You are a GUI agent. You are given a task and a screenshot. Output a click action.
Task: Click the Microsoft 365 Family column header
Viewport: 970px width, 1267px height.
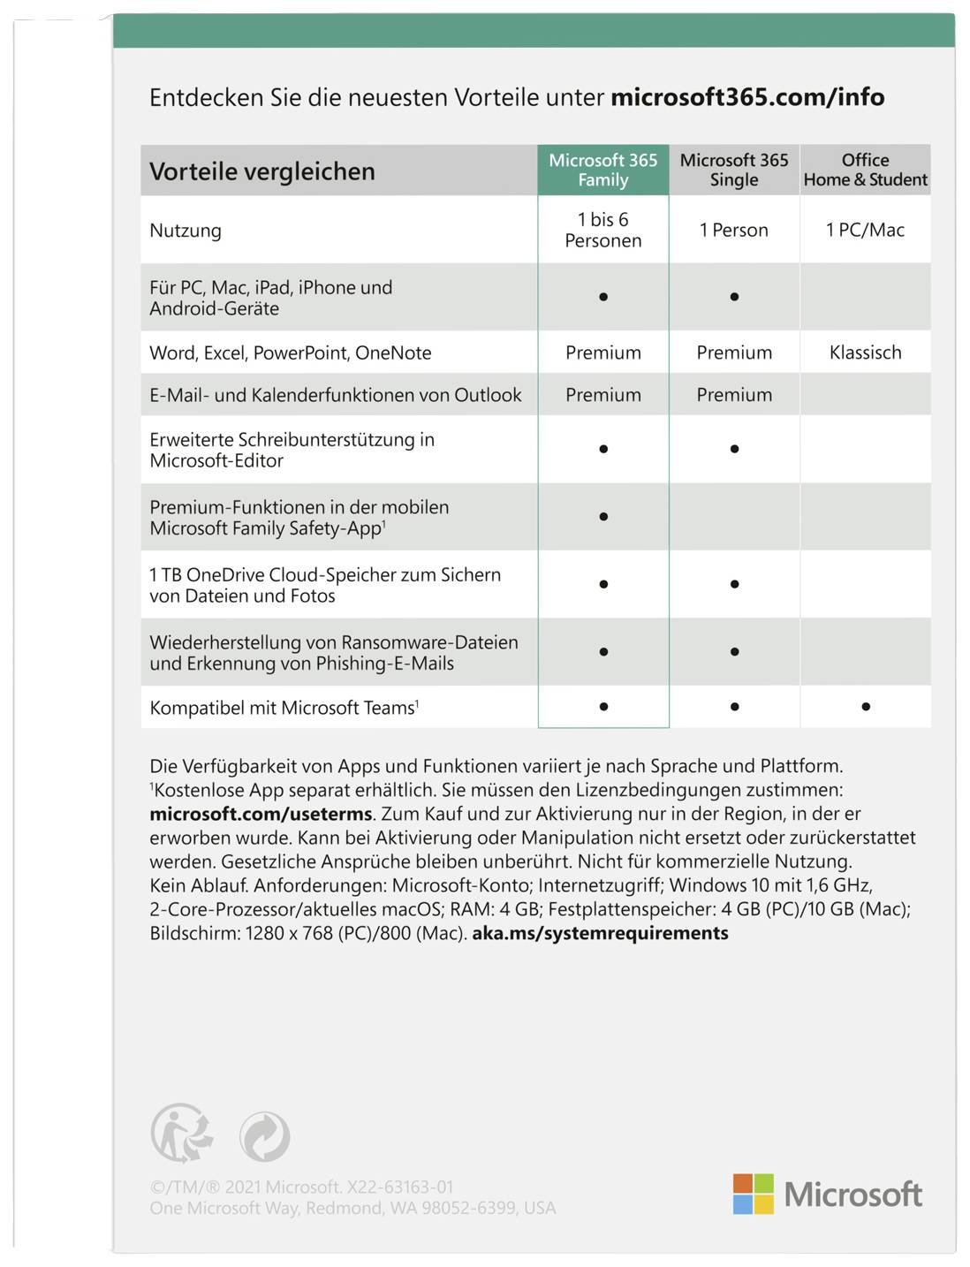coord(603,170)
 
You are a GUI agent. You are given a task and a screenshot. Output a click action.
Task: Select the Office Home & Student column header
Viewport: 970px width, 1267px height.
coord(865,170)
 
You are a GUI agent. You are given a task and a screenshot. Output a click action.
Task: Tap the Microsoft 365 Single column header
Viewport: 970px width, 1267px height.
coord(734,170)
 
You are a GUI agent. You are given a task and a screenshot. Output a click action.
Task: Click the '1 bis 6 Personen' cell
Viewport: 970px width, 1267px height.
coord(603,230)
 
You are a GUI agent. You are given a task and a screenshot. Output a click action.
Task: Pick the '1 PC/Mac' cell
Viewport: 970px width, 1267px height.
coord(865,230)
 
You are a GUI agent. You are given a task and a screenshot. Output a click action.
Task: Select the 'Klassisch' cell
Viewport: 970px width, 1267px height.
coord(865,353)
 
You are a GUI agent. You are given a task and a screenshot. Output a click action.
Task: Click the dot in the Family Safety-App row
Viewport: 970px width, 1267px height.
coord(603,517)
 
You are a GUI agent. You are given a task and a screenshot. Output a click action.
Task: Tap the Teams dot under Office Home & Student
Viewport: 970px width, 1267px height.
coord(866,707)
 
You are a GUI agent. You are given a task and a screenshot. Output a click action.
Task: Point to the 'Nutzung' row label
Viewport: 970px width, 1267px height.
coord(186,231)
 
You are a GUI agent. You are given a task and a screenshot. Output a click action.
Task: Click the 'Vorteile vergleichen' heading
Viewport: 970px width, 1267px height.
coord(262,171)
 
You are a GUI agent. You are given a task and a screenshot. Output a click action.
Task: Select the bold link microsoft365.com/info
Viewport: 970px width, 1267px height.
coord(747,97)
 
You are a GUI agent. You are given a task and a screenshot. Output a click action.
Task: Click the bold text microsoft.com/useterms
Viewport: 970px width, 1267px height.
coord(261,814)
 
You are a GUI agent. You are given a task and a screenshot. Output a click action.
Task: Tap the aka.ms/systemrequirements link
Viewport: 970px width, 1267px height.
coord(600,933)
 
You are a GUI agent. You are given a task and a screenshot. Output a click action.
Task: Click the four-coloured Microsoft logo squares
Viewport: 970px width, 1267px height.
coord(753,1194)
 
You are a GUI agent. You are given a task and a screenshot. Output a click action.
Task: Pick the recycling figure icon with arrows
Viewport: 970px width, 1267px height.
coord(182,1134)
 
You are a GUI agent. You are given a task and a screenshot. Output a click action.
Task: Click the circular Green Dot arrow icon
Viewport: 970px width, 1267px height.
coord(264,1137)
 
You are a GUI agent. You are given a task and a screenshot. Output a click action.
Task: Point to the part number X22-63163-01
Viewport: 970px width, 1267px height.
coord(400,1187)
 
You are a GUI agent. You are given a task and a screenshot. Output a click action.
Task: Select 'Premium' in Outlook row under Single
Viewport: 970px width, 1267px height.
coord(734,395)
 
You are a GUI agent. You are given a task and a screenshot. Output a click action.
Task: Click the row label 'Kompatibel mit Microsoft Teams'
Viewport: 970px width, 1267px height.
coord(284,708)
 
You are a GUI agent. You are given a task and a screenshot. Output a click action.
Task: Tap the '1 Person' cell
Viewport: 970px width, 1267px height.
coord(734,230)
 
